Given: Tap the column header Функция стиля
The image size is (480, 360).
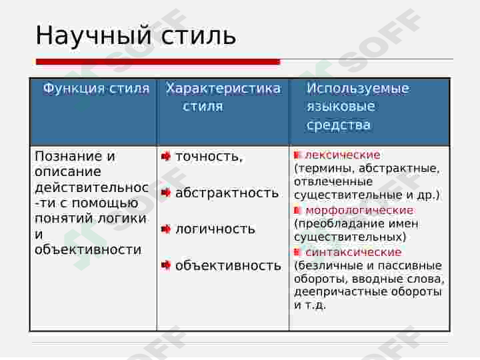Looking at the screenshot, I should [x=96, y=89].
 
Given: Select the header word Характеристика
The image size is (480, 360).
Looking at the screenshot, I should [x=223, y=89].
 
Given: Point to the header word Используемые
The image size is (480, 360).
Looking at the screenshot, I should [x=358, y=89].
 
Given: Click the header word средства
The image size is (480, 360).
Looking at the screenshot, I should [x=339, y=125].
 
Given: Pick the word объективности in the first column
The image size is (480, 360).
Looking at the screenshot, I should [x=88, y=250].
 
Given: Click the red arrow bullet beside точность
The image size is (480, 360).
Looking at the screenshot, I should [x=166, y=157].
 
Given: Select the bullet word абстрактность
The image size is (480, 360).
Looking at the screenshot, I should [x=227, y=193].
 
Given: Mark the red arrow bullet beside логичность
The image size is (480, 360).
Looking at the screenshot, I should [x=166, y=229].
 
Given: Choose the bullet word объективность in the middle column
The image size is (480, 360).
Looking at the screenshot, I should [x=228, y=266].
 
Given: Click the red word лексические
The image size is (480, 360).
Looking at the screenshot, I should [x=343, y=155].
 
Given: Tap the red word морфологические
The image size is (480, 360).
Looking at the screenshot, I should [x=359, y=211].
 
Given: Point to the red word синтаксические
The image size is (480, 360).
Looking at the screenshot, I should [x=353, y=253].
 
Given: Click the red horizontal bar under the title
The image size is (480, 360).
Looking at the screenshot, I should [x=158, y=62].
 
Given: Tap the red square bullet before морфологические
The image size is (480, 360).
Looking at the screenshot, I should [x=298, y=211].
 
